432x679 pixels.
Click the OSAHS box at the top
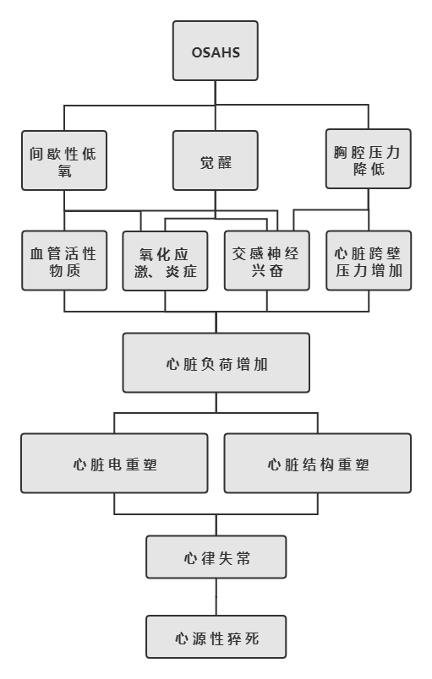tap(216, 51)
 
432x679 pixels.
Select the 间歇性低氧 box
tap(64, 160)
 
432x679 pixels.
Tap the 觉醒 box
tap(216, 160)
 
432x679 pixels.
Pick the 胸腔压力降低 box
tap(369, 159)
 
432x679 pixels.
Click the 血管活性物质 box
tap(64, 261)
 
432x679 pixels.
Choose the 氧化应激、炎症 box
tap(165, 261)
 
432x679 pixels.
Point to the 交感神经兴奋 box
tap(267, 261)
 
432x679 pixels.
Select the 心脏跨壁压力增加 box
tap(369, 261)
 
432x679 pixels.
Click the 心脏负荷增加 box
tap(216, 363)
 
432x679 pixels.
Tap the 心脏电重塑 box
tap(114, 464)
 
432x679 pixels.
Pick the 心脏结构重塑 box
tap(318, 464)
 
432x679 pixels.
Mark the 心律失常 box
tap(216, 557)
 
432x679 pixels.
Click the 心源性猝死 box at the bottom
tap(216, 637)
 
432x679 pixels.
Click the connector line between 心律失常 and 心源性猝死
tap(216, 597)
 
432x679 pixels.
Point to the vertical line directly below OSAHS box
tap(216, 93)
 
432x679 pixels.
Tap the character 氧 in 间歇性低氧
tap(64, 171)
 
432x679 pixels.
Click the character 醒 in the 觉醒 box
tap(224, 162)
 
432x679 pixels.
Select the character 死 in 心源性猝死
tap(251, 638)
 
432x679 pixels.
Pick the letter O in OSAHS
tap(197, 53)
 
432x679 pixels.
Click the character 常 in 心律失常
tap(243, 558)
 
